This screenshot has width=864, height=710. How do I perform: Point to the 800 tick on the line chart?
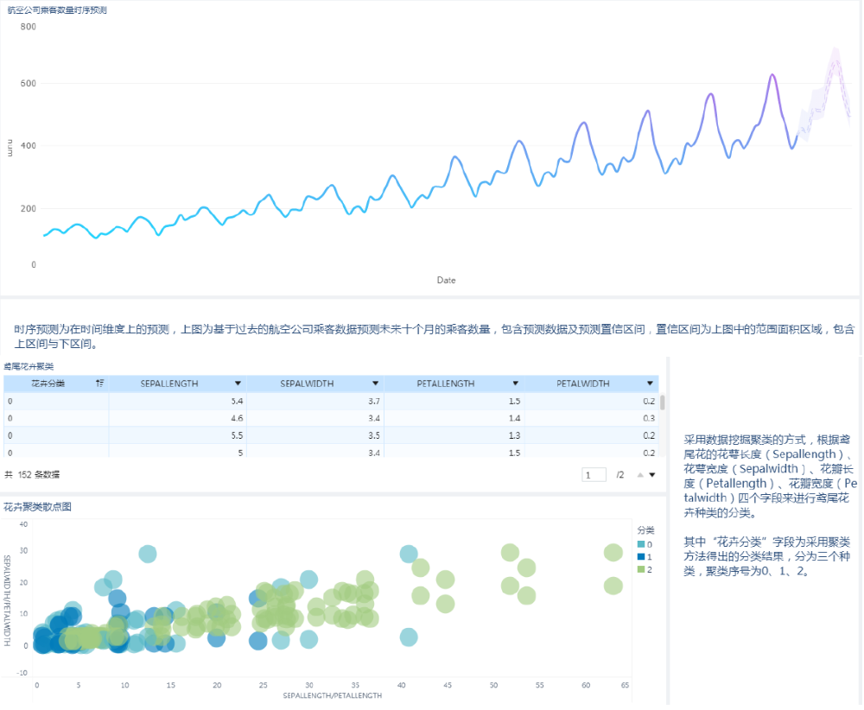click(x=29, y=27)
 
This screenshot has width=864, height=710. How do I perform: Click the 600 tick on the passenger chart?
click(x=29, y=84)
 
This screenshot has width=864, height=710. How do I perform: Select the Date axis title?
click(x=446, y=280)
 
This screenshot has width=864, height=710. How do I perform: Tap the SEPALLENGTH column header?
click(x=169, y=384)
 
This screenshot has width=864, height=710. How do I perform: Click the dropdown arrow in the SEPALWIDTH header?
click(x=376, y=384)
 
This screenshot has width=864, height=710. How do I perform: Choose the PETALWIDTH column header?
click(x=583, y=384)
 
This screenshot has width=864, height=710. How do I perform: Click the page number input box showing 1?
click(x=594, y=475)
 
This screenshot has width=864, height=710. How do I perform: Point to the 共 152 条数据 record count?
click(x=32, y=475)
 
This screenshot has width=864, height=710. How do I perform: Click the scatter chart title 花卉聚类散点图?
click(x=37, y=507)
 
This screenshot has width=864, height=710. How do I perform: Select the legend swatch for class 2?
click(x=640, y=569)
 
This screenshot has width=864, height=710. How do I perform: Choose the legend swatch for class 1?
click(x=640, y=557)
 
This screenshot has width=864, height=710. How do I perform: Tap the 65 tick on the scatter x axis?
click(x=625, y=685)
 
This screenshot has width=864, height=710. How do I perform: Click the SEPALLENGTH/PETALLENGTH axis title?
click(x=333, y=695)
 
